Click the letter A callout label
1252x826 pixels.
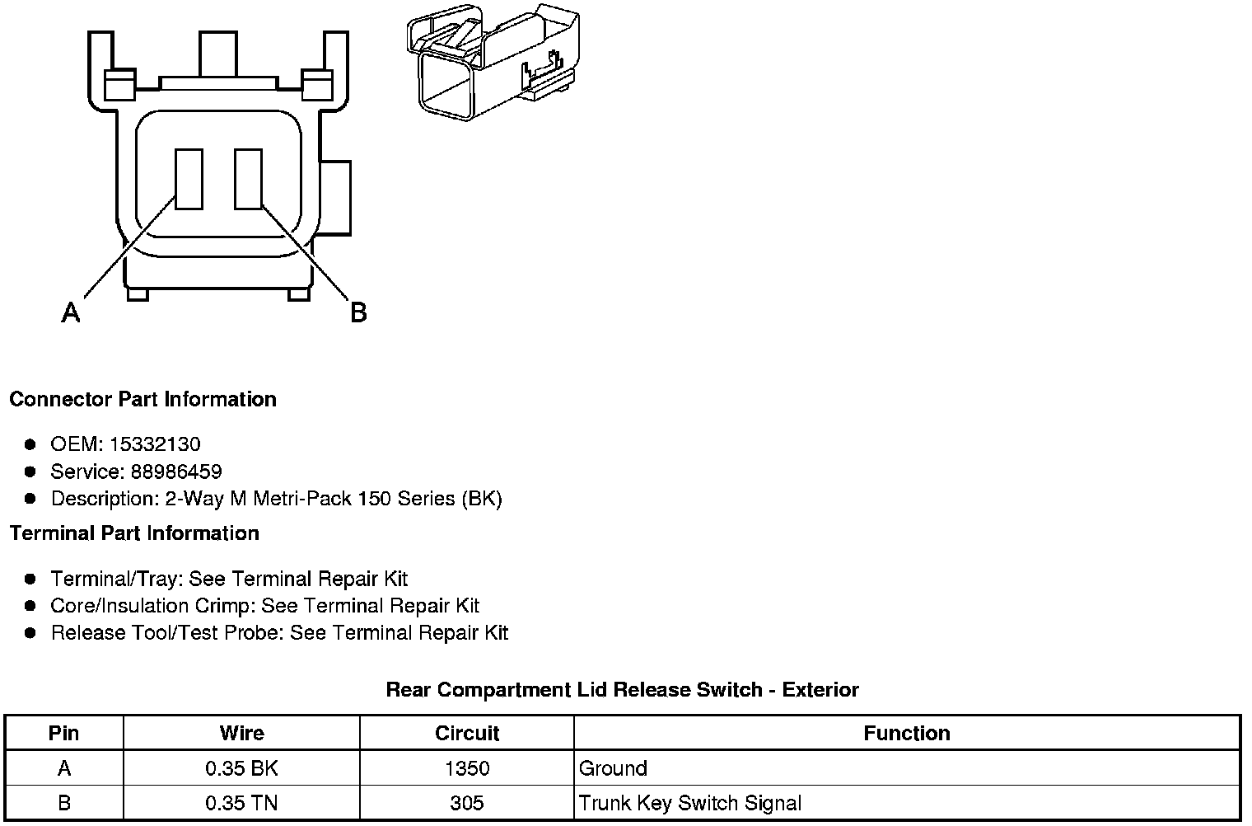tap(71, 312)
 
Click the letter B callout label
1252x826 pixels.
tap(358, 312)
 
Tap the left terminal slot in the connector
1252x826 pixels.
tap(189, 179)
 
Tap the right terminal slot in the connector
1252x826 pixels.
tap(248, 179)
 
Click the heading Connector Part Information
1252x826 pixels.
tap(142, 400)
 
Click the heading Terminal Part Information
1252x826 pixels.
tap(134, 533)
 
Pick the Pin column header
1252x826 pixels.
tap(64, 733)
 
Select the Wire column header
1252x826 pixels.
tap(241, 733)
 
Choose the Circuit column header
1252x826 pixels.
tap(467, 733)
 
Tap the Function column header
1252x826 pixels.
tap(906, 733)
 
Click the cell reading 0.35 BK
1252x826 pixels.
tap(241, 768)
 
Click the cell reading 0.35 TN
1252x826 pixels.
tap(241, 803)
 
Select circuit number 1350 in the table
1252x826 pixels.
tap(467, 768)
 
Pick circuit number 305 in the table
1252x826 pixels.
tap(467, 803)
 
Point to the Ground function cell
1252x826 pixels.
tap(614, 768)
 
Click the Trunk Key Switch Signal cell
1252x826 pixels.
tap(690, 803)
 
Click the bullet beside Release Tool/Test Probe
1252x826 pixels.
tap(30, 633)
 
